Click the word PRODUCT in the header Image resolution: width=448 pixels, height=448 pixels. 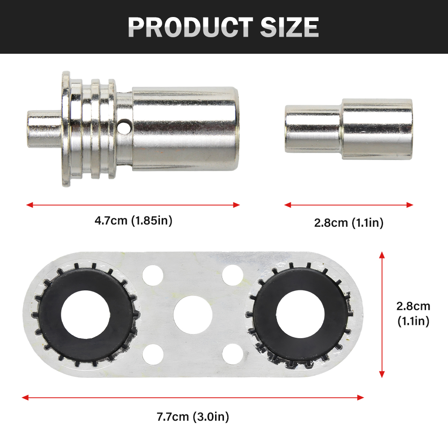tap(190, 27)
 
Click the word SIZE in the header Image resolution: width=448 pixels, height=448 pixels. tap(289, 27)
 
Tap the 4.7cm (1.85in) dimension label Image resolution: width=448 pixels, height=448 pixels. tap(134, 220)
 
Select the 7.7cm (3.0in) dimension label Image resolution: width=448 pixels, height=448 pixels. tap(193, 417)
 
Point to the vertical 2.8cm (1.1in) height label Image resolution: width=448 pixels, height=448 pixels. tap(413, 314)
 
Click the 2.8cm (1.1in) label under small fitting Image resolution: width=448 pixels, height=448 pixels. tap(349, 223)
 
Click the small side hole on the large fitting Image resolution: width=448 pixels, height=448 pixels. tap(124, 126)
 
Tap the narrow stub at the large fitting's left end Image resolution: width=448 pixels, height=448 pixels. tap(44, 129)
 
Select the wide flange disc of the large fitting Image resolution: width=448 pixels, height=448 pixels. tap(66, 129)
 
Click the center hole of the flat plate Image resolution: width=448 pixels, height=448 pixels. tap(193, 314)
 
